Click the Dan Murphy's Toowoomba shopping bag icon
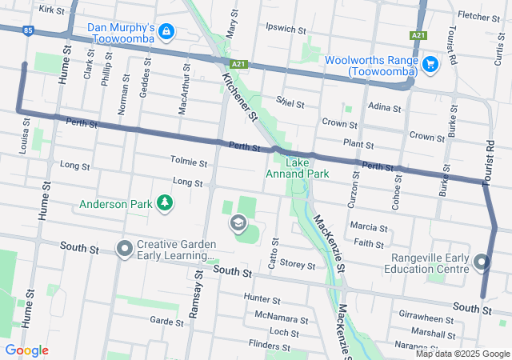[166, 32]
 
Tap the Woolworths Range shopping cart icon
[430, 63]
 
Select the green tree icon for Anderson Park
[165, 203]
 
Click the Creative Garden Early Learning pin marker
[124, 248]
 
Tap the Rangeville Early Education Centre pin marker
[481, 262]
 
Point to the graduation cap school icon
[238, 222]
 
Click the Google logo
[26, 350]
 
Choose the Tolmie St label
[189, 162]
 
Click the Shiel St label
[290, 104]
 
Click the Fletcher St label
[478, 15]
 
